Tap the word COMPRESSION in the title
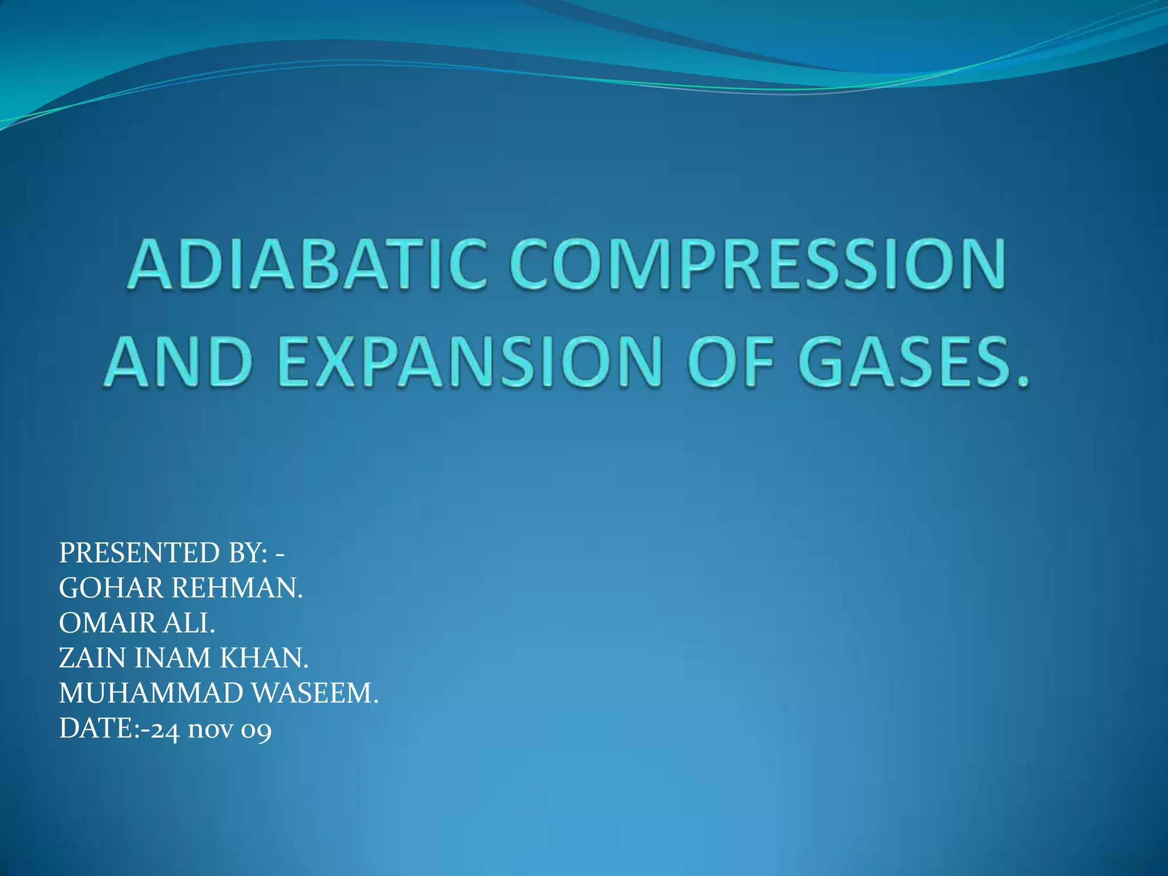pos(757,265)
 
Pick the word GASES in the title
pos(904,362)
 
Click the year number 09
pos(256,730)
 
